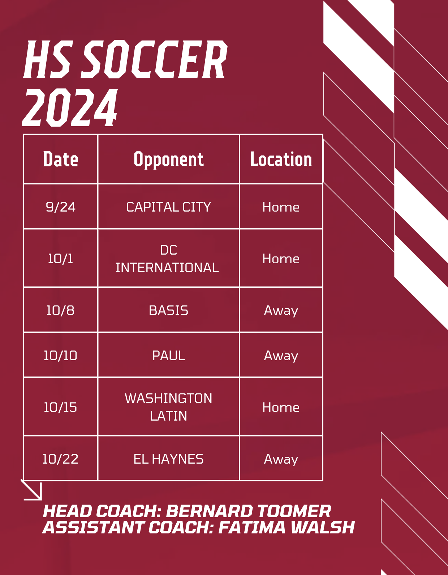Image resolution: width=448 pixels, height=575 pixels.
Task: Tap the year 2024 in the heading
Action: pyautogui.click(x=70, y=108)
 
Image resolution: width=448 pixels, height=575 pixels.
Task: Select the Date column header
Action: pyautogui.click(x=60, y=159)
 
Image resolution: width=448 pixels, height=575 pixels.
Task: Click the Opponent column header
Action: pyautogui.click(x=168, y=159)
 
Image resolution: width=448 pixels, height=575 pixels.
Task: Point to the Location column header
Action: pyautogui.click(x=281, y=159)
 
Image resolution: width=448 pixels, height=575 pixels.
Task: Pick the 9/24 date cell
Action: pyautogui.click(x=60, y=207)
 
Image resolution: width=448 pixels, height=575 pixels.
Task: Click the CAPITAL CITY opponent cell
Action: pyautogui.click(x=168, y=207)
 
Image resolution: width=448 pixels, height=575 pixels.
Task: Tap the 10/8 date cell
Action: pyautogui.click(x=60, y=310)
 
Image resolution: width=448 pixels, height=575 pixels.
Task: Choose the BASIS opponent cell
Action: pyautogui.click(x=168, y=310)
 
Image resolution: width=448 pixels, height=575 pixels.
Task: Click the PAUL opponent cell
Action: pyautogui.click(x=168, y=355)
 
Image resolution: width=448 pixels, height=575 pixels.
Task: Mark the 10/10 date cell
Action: pyautogui.click(x=60, y=355)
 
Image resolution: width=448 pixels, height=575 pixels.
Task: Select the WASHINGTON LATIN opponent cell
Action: pyautogui.click(x=168, y=407)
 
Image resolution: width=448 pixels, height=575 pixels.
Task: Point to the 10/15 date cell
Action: pyautogui.click(x=60, y=407)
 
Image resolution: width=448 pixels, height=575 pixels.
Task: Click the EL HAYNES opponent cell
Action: pyautogui.click(x=168, y=459)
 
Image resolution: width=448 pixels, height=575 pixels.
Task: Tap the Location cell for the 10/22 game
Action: pyautogui.click(x=281, y=459)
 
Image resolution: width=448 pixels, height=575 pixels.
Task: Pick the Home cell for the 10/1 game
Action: pyautogui.click(x=281, y=259)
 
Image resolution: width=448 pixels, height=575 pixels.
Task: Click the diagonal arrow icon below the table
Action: pyautogui.click(x=32, y=490)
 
